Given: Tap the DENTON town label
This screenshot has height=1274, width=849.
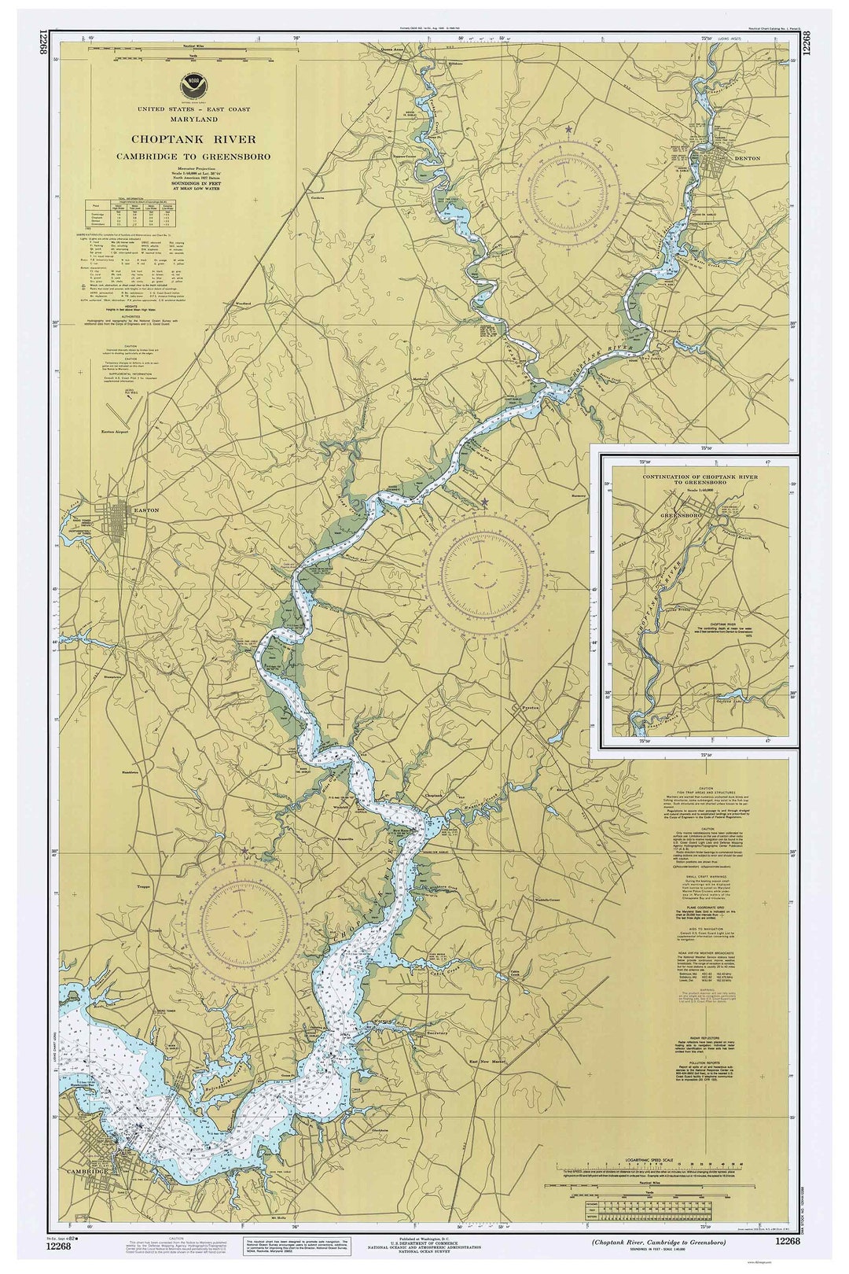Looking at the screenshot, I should point(747,158).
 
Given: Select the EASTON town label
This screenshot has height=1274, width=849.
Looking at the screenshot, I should point(146,510).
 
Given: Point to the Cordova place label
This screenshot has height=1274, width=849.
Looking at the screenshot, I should point(318,197).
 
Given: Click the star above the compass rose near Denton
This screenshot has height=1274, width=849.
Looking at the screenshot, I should point(568,128).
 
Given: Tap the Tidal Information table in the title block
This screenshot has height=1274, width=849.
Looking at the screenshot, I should point(131,213).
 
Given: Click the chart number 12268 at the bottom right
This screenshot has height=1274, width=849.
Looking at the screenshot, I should point(787,1241).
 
